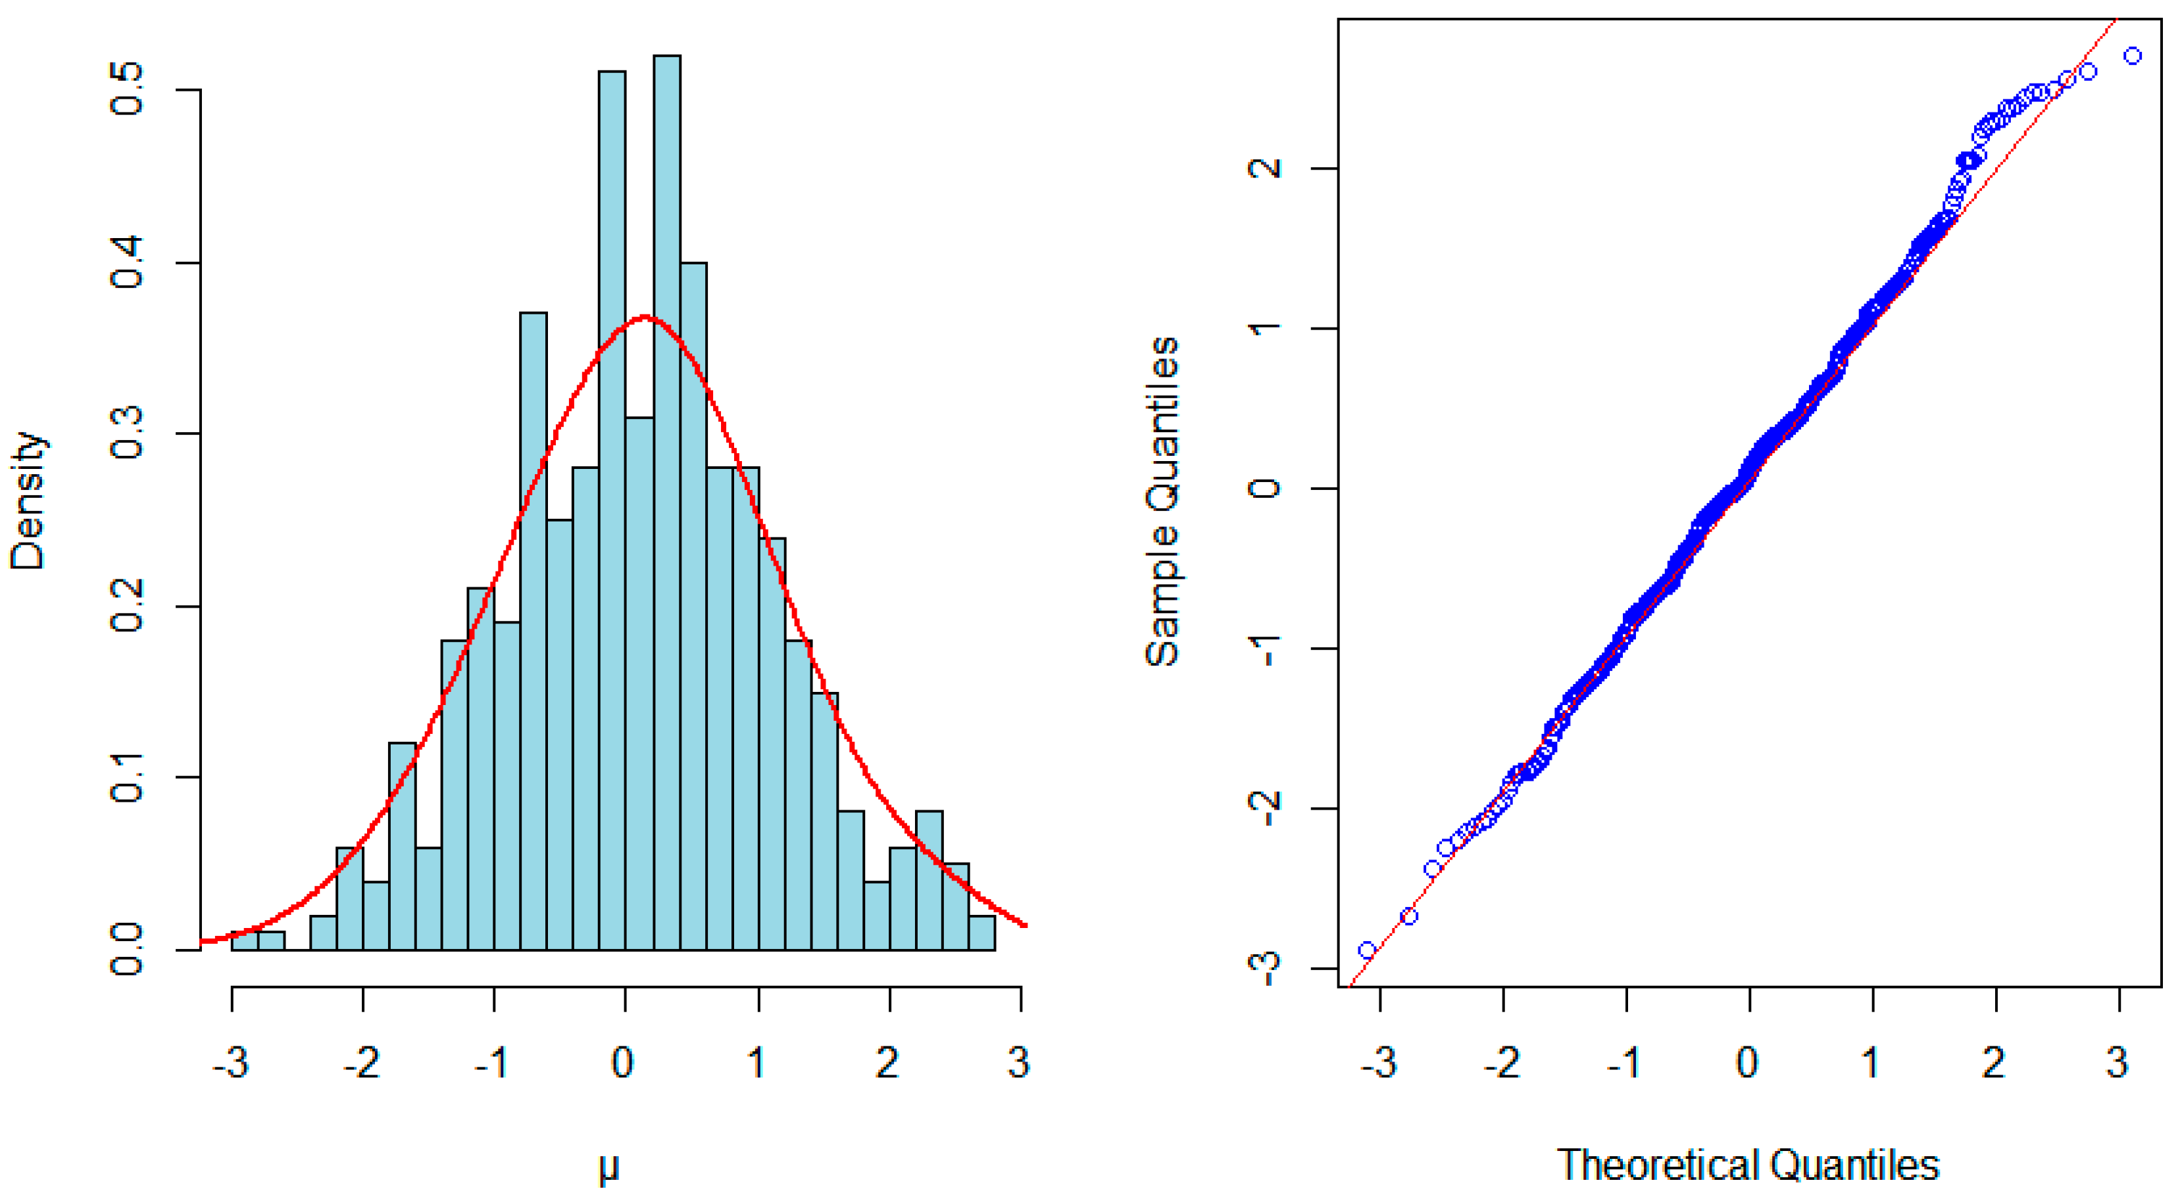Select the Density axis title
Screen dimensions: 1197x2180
[x=27, y=501]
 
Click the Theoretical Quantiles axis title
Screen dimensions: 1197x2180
[x=1748, y=1165]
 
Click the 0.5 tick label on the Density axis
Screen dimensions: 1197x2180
[x=127, y=88]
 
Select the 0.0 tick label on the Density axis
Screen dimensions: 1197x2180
[x=127, y=949]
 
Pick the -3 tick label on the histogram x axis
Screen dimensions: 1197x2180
[x=230, y=1062]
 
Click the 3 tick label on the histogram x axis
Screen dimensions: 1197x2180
[x=1019, y=1062]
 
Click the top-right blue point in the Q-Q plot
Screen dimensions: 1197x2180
[x=2133, y=56]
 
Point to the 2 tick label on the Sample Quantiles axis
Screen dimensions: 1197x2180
[x=1265, y=168]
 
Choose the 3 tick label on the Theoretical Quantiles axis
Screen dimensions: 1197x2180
[x=2118, y=1062]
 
